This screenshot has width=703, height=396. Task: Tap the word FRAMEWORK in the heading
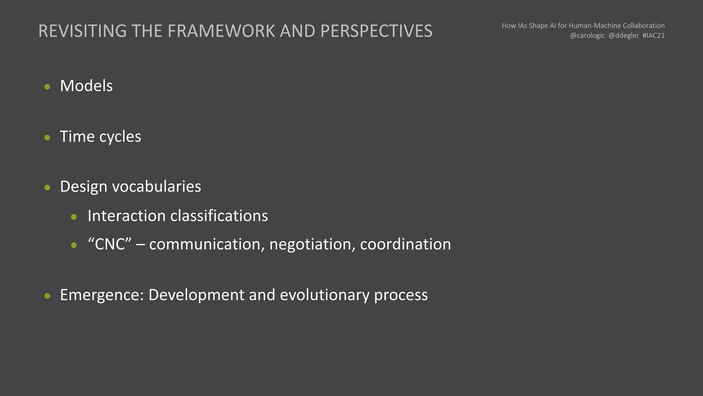[x=221, y=31]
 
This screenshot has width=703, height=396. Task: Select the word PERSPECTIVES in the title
[x=376, y=31]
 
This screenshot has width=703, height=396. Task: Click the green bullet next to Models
[x=47, y=87]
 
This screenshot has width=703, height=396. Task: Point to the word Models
[x=86, y=86]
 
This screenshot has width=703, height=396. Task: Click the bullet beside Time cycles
[x=47, y=137]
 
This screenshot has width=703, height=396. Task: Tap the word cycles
[x=120, y=137]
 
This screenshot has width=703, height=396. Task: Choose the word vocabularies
[x=157, y=186]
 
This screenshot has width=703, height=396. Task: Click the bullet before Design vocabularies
[x=47, y=187]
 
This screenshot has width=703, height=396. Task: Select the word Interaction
[x=127, y=216]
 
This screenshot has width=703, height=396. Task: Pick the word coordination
[x=405, y=244]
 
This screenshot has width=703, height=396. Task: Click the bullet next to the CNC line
[x=74, y=245]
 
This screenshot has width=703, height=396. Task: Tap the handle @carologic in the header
[x=587, y=35]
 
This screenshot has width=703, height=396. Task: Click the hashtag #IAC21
[x=653, y=35]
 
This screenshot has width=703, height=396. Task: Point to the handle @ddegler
[x=624, y=35]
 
